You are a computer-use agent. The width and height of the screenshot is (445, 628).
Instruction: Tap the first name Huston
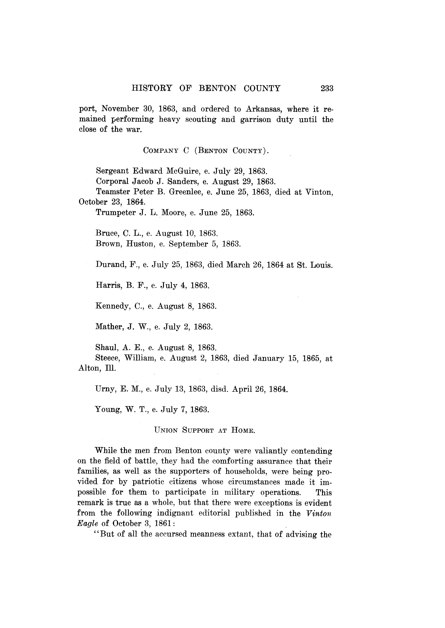pyautogui.click(x=140, y=244)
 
